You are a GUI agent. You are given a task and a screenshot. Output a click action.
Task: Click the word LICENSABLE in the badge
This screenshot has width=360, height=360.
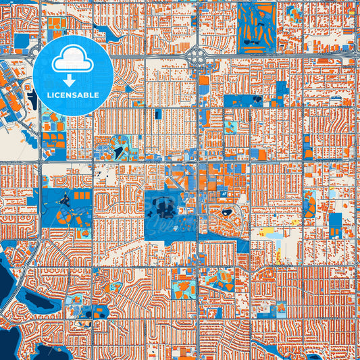[x=73, y=95]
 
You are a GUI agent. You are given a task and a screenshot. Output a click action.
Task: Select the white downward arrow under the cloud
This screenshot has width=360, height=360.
[x=73, y=81]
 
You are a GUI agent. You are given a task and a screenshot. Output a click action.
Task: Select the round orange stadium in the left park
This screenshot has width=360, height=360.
[x=61, y=217]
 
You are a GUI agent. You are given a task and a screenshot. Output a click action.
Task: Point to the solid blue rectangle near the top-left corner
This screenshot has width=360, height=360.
[x=22, y=42]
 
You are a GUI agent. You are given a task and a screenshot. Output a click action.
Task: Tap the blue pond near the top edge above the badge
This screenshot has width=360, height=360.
[x=104, y=30]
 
